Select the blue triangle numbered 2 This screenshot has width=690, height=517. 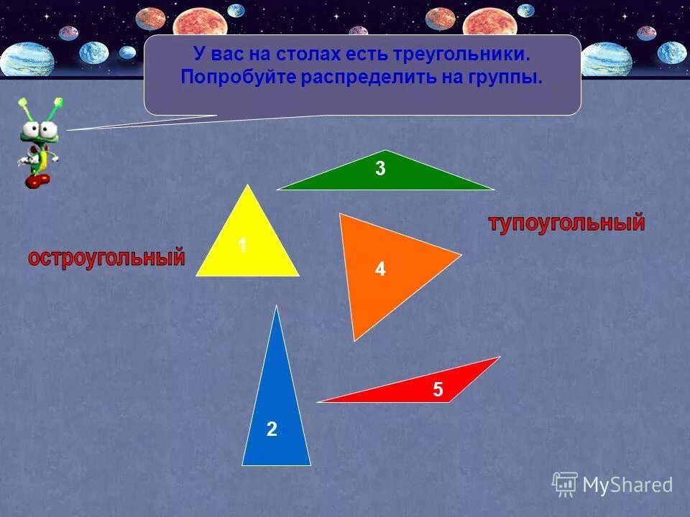pyautogui.click(x=277, y=416)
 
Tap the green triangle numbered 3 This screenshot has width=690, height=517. pyautogui.click(x=385, y=176)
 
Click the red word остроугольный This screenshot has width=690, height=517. pyautogui.click(x=106, y=258)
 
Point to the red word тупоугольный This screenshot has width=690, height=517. pyautogui.click(x=566, y=223)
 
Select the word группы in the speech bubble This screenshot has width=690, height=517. pyautogui.click(x=507, y=77)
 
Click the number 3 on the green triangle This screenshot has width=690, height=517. pyautogui.click(x=380, y=169)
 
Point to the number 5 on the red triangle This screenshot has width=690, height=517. pyautogui.click(x=438, y=390)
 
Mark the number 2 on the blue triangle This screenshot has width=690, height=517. pyautogui.click(x=272, y=429)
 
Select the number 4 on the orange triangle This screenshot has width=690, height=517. pyautogui.click(x=379, y=269)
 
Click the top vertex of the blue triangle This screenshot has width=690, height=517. pyautogui.click(x=277, y=307)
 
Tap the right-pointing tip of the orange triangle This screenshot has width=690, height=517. pyautogui.click(x=459, y=254)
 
